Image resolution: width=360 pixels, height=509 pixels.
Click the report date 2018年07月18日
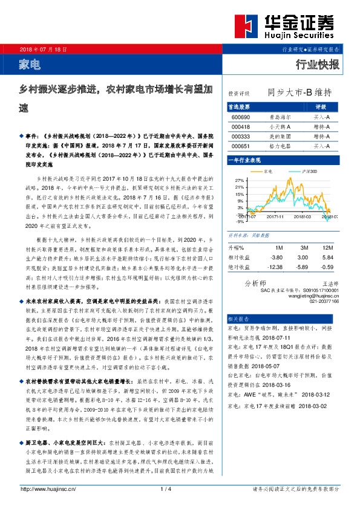point(41,48)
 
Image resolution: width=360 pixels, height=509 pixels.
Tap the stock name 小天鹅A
point(280,126)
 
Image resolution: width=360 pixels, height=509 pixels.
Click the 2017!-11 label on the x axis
point(275,216)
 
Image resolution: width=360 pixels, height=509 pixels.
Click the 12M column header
point(329,247)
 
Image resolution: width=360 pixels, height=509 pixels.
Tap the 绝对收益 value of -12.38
point(275,267)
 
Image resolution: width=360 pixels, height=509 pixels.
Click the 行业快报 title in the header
point(318,64)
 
